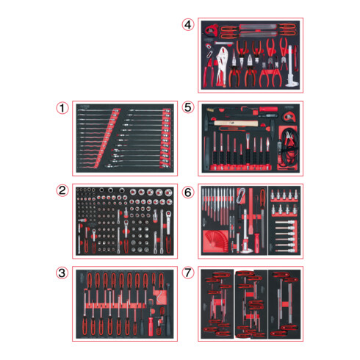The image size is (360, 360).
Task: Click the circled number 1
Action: pyautogui.click(x=62, y=108)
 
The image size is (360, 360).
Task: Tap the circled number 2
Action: pyautogui.click(x=62, y=190)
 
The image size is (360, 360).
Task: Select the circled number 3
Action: pyautogui.click(x=62, y=273)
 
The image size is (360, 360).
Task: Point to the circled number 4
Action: pyautogui.click(x=188, y=25)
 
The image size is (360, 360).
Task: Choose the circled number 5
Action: pyautogui.click(x=188, y=107)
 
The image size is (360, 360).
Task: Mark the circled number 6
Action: pyautogui.click(x=188, y=192)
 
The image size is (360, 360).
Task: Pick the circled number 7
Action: pyautogui.click(x=188, y=273)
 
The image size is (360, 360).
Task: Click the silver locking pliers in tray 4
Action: pyautogui.click(x=222, y=66)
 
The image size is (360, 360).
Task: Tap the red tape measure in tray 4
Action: pyautogui.click(x=211, y=29)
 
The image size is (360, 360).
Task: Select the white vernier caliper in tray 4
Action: pyautogui.click(x=291, y=67)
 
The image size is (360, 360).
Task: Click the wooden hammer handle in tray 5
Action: pyautogui.click(x=236, y=123)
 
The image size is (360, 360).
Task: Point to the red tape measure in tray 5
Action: pyautogui.click(x=289, y=116)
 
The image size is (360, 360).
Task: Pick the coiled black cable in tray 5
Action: pyautogui.click(x=289, y=147)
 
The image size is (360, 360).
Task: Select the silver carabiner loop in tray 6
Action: pyautogui.click(x=241, y=195)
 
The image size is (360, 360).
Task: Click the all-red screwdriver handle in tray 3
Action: pyautogui.click(x=151, y=326)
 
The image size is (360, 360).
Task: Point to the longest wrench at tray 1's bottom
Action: pyautogui.click(x=137, y=166)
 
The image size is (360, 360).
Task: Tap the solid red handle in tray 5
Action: pyautogui.click(x=268, y=109)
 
